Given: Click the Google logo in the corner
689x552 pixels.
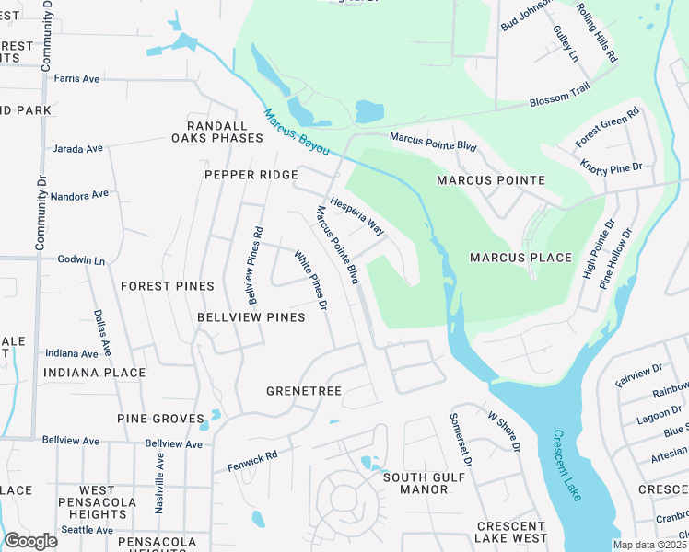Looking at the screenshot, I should tap(30, 541).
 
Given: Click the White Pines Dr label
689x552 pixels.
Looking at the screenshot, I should tap(311, 280).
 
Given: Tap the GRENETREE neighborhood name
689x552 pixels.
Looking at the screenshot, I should tap(304, 391).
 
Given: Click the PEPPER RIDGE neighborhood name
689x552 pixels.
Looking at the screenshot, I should tap(251, 175).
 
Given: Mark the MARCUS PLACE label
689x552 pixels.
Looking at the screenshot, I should tap(521, 258).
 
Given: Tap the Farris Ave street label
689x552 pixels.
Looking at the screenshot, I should tap(76, 79).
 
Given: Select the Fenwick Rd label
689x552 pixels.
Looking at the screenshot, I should tap(252, 461).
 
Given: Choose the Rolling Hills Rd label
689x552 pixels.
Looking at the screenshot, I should tap(597, 32).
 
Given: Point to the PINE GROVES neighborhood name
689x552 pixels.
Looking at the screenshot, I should tap(160, 419).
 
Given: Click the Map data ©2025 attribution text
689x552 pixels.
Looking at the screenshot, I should tap(650, 545).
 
